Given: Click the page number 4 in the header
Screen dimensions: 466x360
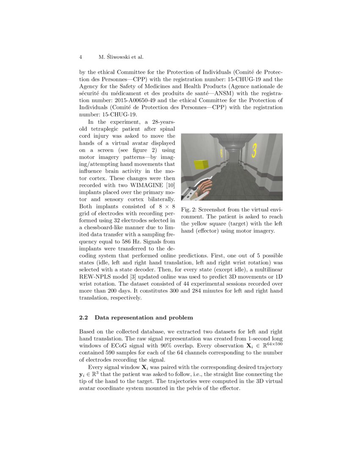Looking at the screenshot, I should coord(80,57).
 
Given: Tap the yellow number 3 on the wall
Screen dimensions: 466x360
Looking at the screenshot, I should coord(254,150).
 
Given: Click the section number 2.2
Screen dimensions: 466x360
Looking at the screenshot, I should coord(84,317).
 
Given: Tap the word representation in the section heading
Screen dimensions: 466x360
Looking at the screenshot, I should coord(132,317).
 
